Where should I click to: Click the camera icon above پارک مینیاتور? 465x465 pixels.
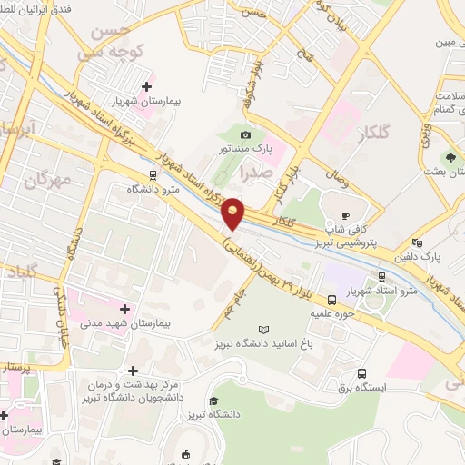click(x=245, y=134)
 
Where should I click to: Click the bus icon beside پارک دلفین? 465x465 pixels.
click(x=417, y=242)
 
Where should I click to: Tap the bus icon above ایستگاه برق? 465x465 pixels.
click(x=361, y=373)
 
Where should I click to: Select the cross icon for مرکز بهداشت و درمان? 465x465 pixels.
click(x=134, y=371)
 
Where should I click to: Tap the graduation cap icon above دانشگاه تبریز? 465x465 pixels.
click(x=213, y=401)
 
